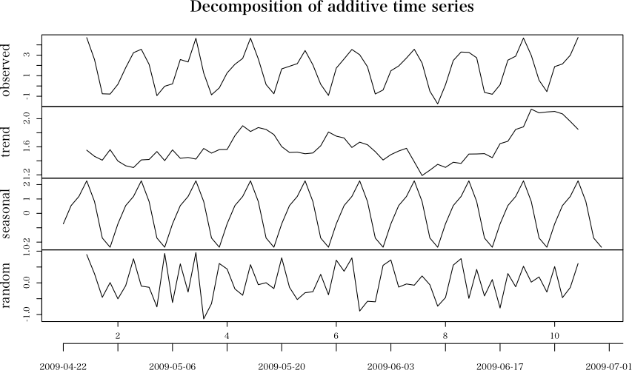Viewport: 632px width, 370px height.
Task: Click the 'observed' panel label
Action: coord(8,71)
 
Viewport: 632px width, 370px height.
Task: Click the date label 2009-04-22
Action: coord(64,366)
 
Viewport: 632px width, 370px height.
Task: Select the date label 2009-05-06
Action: coord(173,366)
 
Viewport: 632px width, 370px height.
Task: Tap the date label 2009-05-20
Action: coord(282,366)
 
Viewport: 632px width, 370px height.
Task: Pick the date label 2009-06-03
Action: coord(390,366)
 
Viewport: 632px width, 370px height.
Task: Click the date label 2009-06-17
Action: coord(500,366)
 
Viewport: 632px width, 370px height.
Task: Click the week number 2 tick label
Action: coord(118,335)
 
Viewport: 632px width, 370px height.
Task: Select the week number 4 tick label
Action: coord(227,335)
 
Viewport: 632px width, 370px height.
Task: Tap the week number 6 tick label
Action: coord(336,335)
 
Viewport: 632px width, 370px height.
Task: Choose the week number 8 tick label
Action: coord(445,335)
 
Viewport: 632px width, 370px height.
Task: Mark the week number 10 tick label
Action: coord(555,335)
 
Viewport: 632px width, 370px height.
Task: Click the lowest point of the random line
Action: coord(204,318)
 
